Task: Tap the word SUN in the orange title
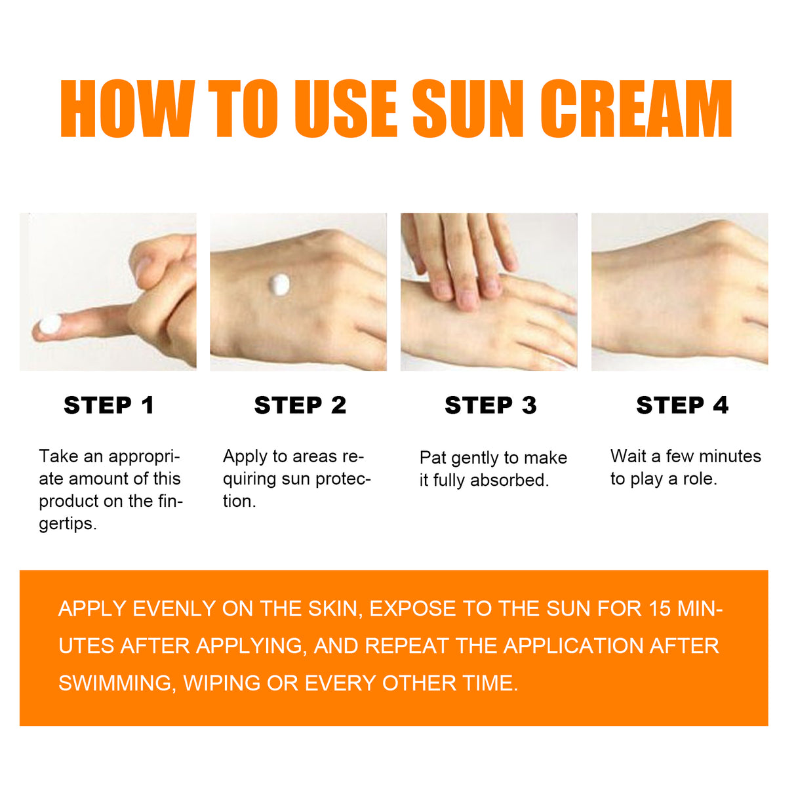click(x=468, y=109)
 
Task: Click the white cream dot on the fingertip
click(x=50, y=324)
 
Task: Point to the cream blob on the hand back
click(x=280, y=284)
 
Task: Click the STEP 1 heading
click(x=109, y=405)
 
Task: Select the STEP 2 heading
click(x=300, y=405)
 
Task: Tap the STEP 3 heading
click(x=490, y=405)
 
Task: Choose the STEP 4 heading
click(x=682, y=405)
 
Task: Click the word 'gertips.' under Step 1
click(x=68, y=524)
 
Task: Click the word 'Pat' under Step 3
click(x=433, y=458)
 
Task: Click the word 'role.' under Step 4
click(x=700, y=479)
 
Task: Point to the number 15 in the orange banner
click(x=660, y=608)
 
